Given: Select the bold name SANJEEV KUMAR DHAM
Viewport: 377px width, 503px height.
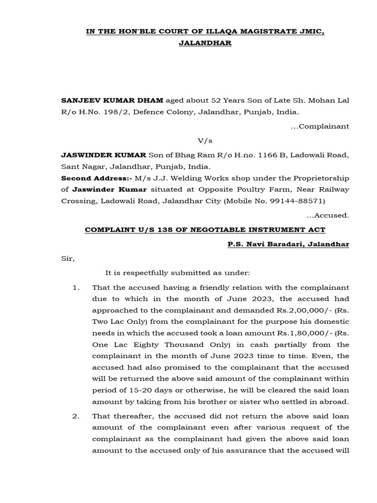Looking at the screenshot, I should coord(112,101).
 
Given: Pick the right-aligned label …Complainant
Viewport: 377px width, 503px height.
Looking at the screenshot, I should coord(320,126).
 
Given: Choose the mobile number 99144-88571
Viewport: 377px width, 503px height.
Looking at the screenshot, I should coord(304,201).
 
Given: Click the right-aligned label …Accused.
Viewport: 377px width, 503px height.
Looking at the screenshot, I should coord(327,215).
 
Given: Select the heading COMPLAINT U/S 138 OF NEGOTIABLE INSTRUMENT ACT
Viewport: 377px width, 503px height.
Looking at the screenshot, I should coord(205,230).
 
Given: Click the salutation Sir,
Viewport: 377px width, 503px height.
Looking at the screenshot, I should coord(68,259).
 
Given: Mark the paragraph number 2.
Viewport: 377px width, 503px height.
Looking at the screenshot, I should coord(76,416).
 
